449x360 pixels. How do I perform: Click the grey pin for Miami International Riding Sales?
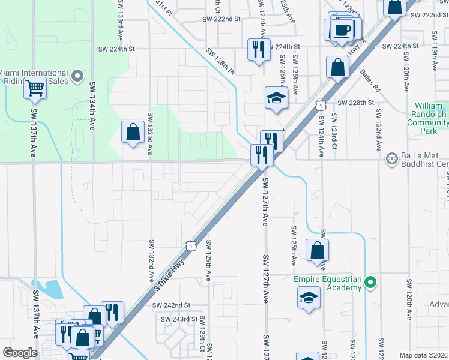77,76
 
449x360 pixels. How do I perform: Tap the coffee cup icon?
343,29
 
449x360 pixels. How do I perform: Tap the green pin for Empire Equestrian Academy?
370,281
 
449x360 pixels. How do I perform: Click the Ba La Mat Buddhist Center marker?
392,159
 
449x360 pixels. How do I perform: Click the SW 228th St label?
355,103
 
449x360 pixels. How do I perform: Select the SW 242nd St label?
171,305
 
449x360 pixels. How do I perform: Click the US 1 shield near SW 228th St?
322,106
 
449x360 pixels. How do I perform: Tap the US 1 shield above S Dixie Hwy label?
190,245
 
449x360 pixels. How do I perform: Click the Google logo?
20,353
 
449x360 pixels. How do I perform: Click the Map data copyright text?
424,355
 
